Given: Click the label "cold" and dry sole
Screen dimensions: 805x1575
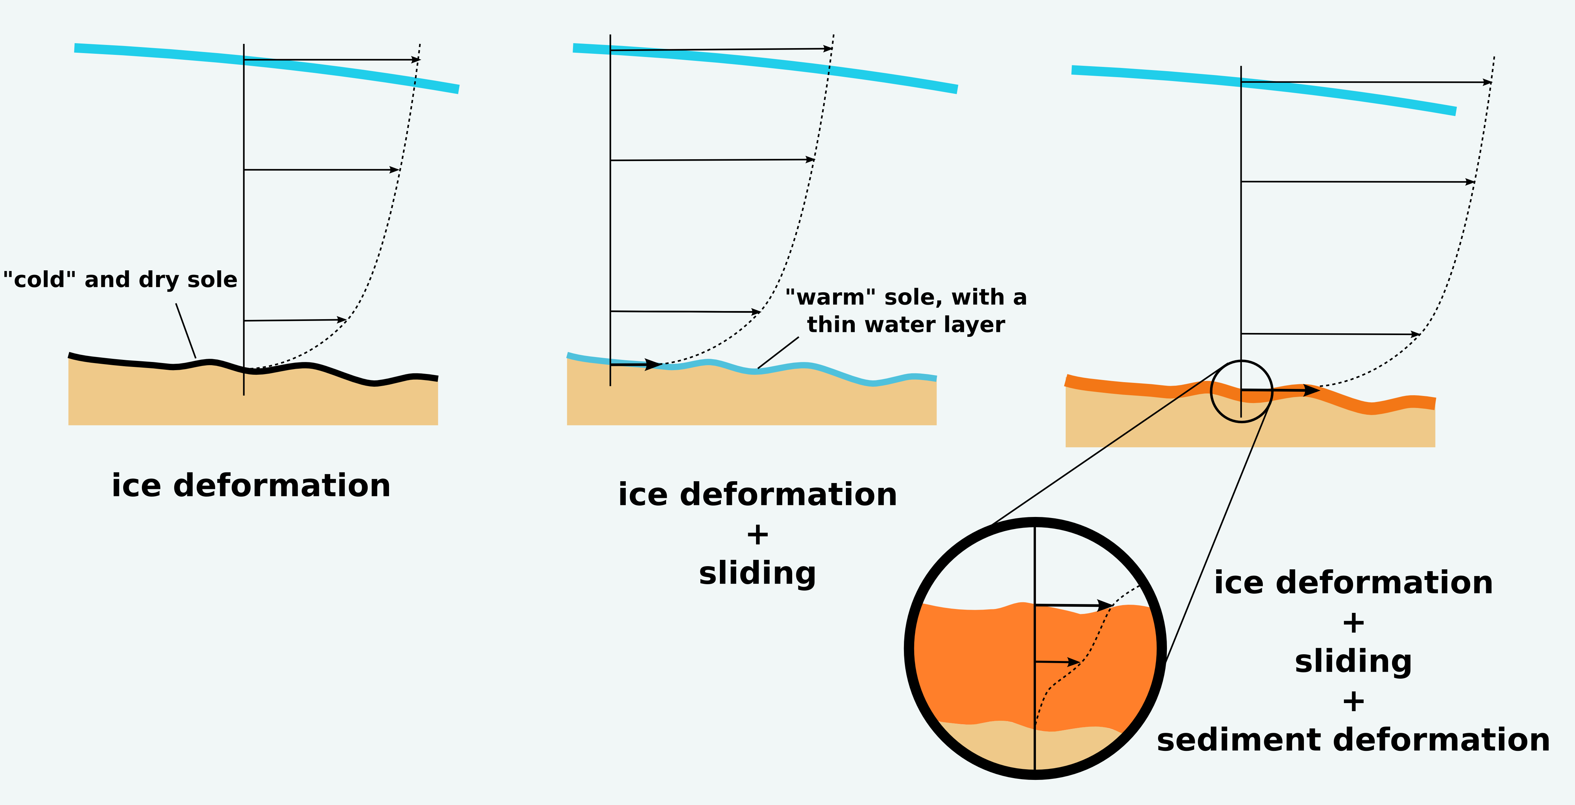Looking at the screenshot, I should click(120, 280).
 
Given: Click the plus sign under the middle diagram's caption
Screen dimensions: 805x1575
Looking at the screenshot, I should click(757, 535).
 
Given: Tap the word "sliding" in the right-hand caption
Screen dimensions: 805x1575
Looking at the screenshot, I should click(1353, 661).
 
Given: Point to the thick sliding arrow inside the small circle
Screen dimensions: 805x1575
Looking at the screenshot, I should click(1281, 390).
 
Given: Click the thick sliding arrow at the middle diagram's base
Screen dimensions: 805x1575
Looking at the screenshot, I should click(636, 365).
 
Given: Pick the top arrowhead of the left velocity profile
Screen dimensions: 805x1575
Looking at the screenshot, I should click(416, 60).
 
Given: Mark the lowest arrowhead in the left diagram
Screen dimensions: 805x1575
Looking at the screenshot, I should click(342, 320).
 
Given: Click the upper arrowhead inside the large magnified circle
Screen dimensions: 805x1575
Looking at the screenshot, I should click(1105, 606).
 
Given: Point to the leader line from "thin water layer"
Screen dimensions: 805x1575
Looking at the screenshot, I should click(778, 353).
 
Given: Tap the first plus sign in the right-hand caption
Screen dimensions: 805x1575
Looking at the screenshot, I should click(1353, 623).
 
